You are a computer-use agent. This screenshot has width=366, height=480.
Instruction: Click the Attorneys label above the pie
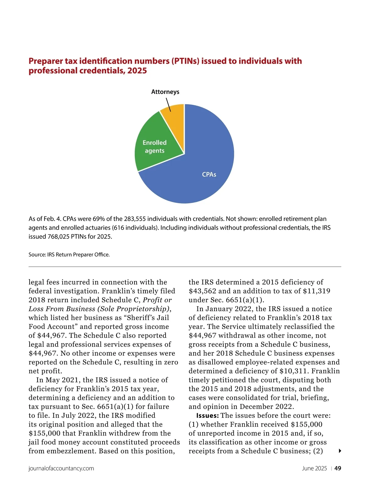click(x=165, y=92)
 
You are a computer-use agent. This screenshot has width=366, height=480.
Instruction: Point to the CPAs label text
click(x=209, y=175)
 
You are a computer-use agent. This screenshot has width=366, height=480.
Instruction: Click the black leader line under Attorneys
click(x=168, y=105)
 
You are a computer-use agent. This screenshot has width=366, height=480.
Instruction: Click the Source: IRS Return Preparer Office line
click(x=69, y=254)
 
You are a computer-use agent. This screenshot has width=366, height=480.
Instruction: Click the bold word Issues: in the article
click(x=207, y=416)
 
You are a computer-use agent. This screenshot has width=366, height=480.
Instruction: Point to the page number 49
click(x=338, y=468)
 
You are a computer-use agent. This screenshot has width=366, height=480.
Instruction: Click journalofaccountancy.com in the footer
click(x=61, y=468)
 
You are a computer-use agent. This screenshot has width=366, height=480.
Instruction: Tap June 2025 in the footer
click(x=314, y=468)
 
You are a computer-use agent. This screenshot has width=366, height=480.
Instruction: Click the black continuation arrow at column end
click(x=340, y=451)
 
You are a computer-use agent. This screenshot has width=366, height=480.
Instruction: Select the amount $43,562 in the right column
click(x=203, y=291)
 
